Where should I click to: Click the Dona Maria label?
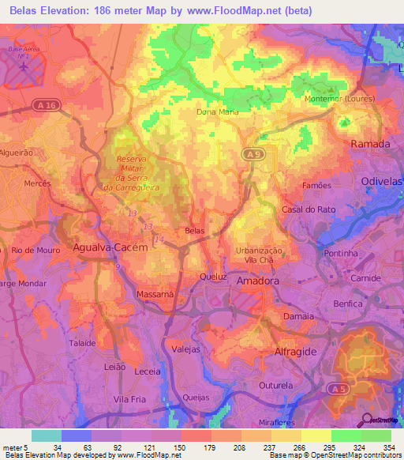click(217, 112)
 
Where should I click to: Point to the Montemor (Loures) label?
click(340, 100)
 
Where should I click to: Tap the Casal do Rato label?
click(304, 209)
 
